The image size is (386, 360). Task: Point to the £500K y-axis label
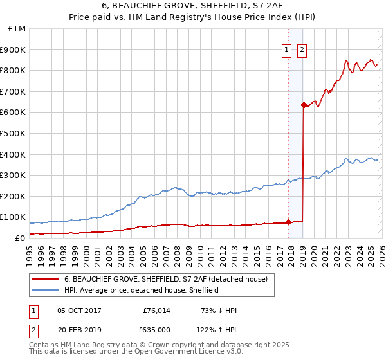[14, 133]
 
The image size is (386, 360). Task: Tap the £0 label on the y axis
[20, 238]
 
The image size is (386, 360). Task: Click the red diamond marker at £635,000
[303, 105]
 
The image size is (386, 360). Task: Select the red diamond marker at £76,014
[288, 222]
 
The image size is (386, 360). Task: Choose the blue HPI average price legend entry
[142, 290]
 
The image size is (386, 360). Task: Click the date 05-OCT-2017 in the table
[79, 310]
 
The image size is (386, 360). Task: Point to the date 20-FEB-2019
[79, 330]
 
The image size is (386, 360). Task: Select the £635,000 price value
[154, 330]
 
